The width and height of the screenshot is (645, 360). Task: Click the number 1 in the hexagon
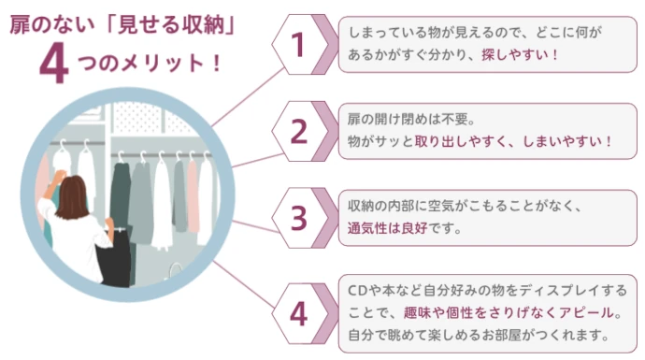click(299, 44)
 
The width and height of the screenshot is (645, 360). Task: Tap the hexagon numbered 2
click(299, 132)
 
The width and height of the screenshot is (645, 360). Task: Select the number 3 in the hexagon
click(299, 218)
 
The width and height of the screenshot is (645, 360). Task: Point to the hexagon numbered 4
click(299, 312)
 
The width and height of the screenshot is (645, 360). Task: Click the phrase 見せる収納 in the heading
click(156, 21)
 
